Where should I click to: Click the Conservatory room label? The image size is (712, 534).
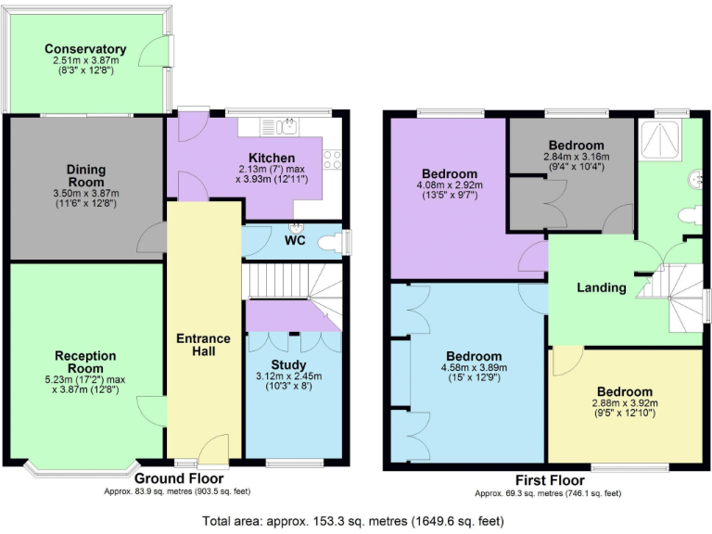tap(85, 49)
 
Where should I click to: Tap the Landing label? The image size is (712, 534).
tap(602, 287)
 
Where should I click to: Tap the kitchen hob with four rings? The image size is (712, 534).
tap(332, 159)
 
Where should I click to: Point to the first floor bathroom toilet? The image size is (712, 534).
tap(690, 214)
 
